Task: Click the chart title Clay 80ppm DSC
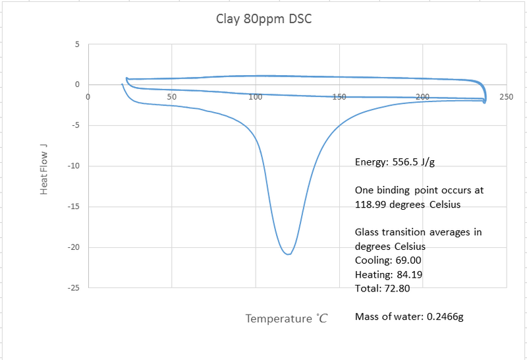[263, 18]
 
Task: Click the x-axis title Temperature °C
[287, 318]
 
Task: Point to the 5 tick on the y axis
[76, 45]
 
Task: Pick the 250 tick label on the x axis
[506, 96]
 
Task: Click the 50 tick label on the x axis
[171, 96]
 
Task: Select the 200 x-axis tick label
[423, 96]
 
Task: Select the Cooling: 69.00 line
[385, 260]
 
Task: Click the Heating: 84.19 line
[385, 274]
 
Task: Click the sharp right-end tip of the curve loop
[485, 102]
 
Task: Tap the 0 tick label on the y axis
[76, 85]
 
